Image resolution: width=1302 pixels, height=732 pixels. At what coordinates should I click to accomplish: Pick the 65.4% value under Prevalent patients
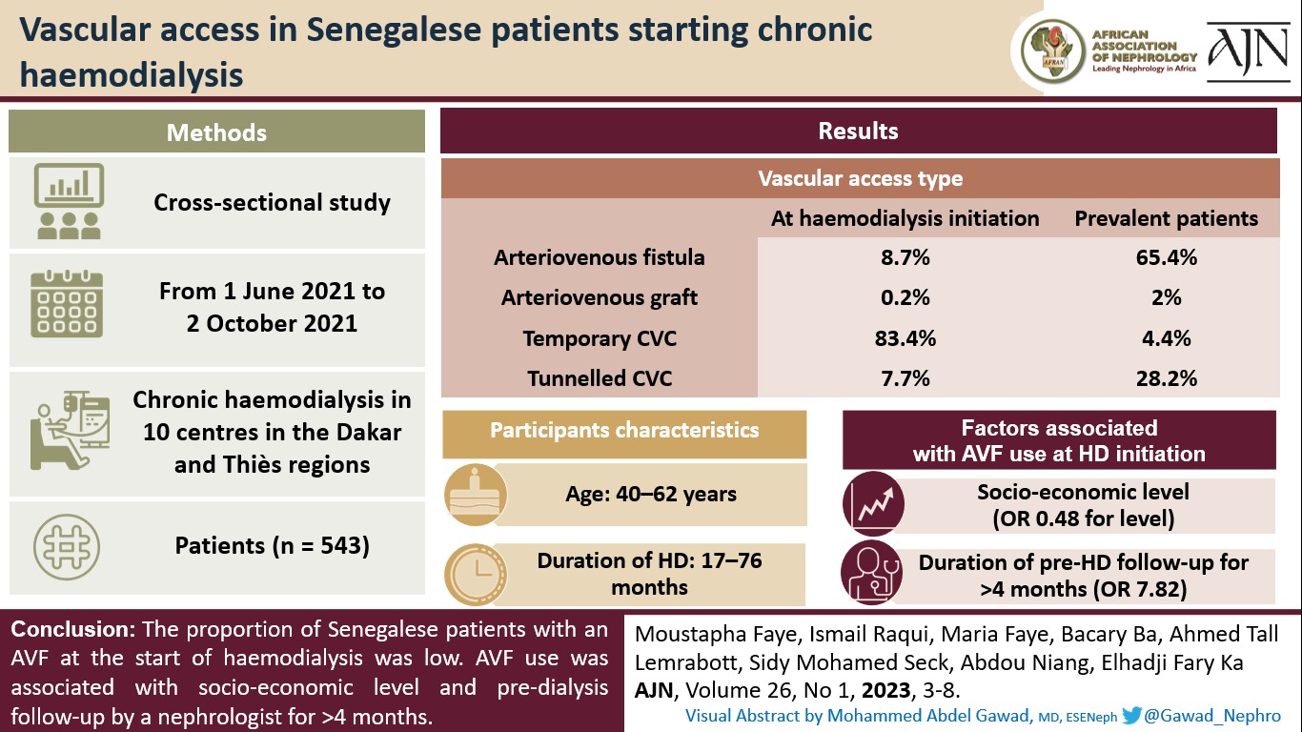1165,257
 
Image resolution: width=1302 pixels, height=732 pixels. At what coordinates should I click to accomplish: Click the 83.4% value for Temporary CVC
905,338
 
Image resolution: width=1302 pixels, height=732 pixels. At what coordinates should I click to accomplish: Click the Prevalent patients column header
1166,218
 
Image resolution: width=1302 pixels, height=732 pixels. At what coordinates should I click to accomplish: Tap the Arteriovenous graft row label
599,297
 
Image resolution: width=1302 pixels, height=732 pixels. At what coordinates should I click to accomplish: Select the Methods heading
216,132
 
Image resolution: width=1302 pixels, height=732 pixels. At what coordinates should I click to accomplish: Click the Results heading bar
858,131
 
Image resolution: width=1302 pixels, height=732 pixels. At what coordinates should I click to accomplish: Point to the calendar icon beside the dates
67,304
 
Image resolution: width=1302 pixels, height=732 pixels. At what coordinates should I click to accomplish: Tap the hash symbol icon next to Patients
67,546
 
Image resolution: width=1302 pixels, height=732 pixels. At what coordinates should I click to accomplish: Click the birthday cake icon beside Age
470,494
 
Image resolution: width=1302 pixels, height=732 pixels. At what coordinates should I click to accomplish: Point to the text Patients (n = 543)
272,546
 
